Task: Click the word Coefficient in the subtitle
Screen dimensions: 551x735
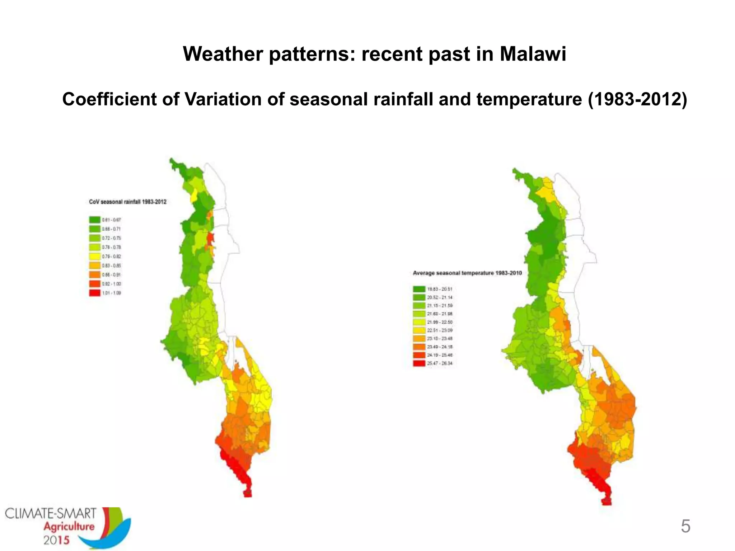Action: click(x=109, y=99)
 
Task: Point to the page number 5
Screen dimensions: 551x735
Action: click(x=685, y=526)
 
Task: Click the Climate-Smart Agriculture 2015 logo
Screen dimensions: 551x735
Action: click(x=68, y=527)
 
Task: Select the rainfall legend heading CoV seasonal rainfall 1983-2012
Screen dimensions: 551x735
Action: click(x=128, y=202)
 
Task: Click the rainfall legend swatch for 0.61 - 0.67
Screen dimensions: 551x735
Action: click(x=95, y=220)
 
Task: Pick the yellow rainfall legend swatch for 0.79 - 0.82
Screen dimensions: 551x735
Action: click(x=95, y=256)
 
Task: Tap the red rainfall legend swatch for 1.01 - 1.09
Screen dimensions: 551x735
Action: click(x=95, y=293)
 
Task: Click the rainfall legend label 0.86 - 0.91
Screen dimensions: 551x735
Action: click(x=112, y=275)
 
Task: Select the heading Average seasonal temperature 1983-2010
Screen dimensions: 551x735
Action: click(x=467, y=273)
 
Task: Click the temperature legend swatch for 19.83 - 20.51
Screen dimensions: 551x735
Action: click(x=419, y=289)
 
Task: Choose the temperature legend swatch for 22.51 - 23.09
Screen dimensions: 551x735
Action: click(x=419, y=330)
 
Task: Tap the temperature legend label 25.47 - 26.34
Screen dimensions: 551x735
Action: click(x=440, y=363)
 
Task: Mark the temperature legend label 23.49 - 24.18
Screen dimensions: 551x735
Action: click(x=440, y=347)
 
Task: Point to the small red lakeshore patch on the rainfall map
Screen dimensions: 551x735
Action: click(x=210, y=239)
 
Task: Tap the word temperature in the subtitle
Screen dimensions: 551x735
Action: click(x=529, y=99)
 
